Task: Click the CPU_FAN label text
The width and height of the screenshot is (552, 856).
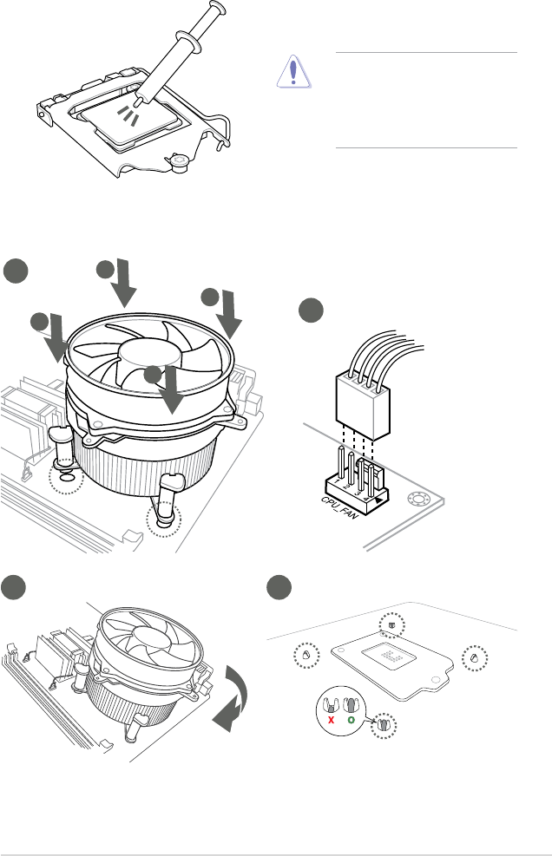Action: pos(339,507)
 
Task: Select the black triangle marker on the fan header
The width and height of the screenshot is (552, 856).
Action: pos(378,499)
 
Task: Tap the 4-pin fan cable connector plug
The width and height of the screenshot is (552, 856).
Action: pos(362,405)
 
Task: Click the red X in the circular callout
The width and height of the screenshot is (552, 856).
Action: pos(332,720)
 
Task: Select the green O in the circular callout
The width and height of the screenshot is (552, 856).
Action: pos(351,720)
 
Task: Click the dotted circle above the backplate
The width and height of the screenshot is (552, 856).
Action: pos(391,625)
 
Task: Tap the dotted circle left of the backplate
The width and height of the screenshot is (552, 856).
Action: pos(306,655)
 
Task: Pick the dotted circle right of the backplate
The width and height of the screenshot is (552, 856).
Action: pos(475,657)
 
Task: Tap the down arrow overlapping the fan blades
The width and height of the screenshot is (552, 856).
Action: pos(172,389)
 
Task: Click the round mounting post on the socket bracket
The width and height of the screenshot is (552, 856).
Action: pos(178,162)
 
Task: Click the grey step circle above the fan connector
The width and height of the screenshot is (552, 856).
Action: pos(311,310)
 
